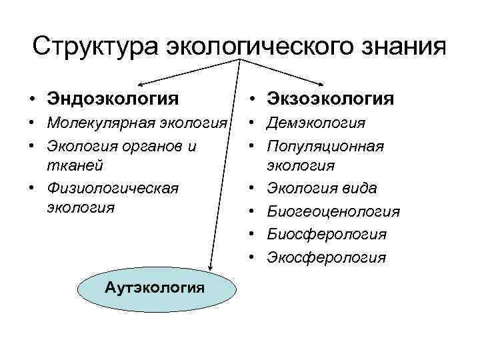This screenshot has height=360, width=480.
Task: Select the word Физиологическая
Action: click(x=113, y=187)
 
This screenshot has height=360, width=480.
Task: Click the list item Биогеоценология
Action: click(x=333, y=211)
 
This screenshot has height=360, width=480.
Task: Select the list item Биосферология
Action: click(x=327, y=234)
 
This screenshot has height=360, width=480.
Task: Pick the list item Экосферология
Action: click(x=327, y=257)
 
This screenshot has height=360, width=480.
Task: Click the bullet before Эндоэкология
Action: click(x=32, y=99)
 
